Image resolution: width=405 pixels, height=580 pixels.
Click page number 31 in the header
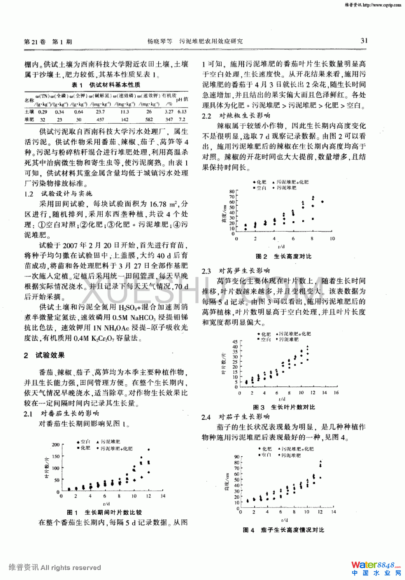(x=364, y=41)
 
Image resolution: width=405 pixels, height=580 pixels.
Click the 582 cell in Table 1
(x=149, y=120)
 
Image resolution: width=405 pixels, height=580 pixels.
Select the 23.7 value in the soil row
(x=100, y=112)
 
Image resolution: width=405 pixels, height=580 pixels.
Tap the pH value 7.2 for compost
(x=182, y=120)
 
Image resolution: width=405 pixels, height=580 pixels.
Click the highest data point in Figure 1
(x=149, y=450)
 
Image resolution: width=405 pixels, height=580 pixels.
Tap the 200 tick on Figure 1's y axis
(x=56, y=445)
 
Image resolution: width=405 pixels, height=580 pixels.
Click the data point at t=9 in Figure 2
(x=322, y=202)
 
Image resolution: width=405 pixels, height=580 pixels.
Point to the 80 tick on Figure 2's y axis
(x=232, y=192)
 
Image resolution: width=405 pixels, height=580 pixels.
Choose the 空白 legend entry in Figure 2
(x=261, y=188)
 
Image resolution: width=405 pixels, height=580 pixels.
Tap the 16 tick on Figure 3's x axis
(x=336, y=393)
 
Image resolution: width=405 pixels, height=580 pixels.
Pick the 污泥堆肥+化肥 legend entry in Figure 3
(x=295, y=334)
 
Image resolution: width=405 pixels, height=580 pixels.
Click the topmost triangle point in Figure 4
(x=320, y=461)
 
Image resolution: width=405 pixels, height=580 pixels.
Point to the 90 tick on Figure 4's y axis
(x=237, y=457)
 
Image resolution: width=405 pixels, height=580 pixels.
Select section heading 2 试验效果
(x=44, y=355)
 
